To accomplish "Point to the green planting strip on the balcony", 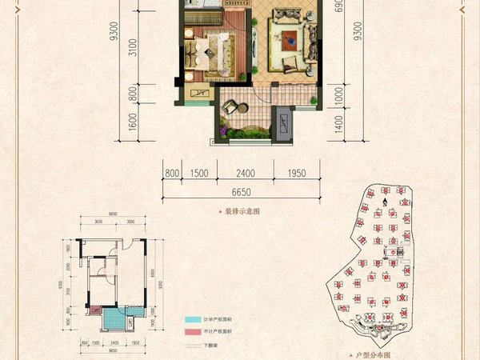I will pyautogui.click(x=245, y=128).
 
